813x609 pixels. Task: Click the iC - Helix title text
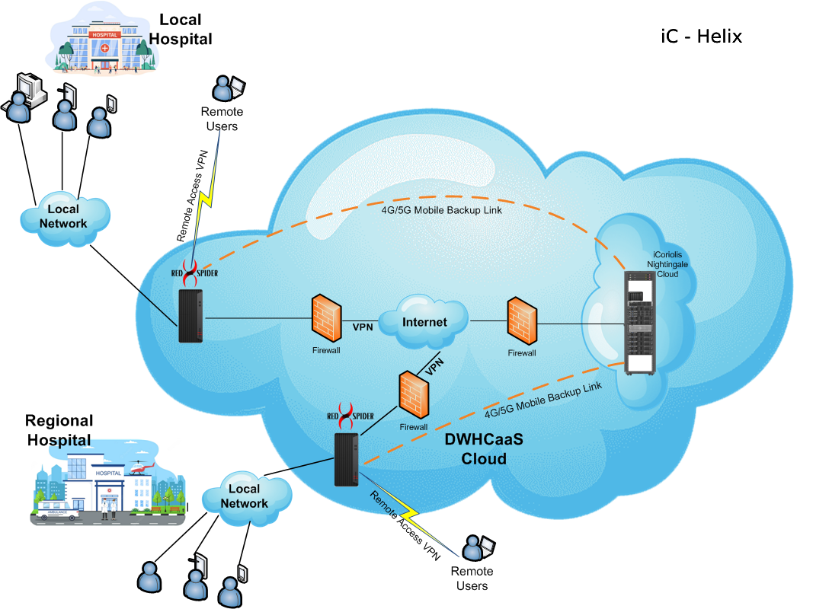(701, 36)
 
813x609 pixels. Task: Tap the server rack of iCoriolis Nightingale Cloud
(639, 324)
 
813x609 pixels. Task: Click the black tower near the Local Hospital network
(190, 316)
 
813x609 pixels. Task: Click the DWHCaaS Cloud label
(483, 449)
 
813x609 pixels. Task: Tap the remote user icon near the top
(226, 89)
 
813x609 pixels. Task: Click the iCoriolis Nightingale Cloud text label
(667, 262)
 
